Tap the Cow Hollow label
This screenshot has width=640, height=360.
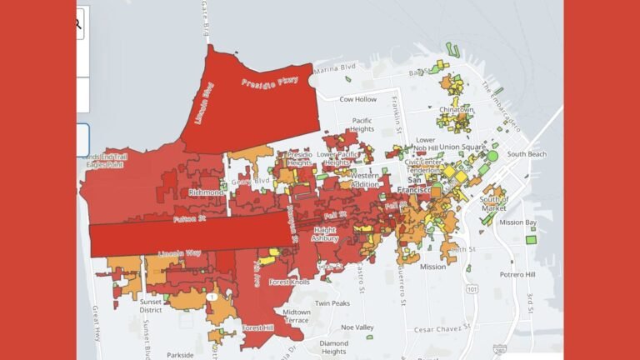click(x=359, y=99)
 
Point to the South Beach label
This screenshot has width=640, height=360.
click(x=527, y=154)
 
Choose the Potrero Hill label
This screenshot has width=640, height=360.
click(x=517, y=274)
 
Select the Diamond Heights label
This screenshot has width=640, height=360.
click(x=333, y=347)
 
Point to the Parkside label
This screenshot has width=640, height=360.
click(x=180, y=353)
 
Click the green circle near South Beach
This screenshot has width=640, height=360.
click(x=492, y=156)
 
